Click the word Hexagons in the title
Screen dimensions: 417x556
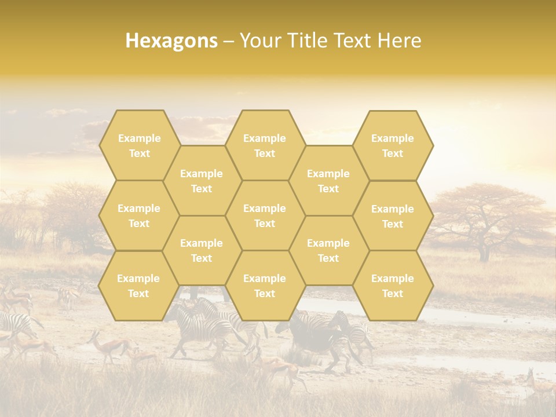tap(171, 41)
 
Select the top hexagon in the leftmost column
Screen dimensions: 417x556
tap(139, 145)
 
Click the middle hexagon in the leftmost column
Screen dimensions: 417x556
tap(139, 215)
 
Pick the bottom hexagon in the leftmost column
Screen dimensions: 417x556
tap(139, 286)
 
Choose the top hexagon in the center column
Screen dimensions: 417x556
tap(265, 145)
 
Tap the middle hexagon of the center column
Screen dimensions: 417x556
tap(265, 215)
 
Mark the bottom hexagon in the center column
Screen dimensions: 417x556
tap(265, 286)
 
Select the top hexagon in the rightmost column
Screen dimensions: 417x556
tap(393, 145)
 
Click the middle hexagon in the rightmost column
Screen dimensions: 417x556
tap(393, 216)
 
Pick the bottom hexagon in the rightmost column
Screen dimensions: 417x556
tap(393, 286)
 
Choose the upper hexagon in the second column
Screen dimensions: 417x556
tap(202, 181)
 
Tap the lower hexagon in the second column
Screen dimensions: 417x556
tap(202, 250)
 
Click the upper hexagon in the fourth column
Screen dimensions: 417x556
tap(328, 181)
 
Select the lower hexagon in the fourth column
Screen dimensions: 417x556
tap(328, 250)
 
